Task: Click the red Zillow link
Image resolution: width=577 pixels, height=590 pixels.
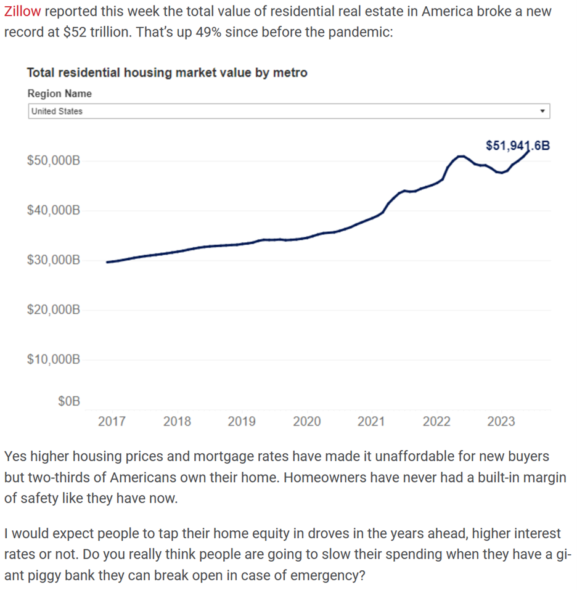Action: (23, 12)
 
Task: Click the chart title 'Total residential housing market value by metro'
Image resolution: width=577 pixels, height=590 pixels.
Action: (167, 73)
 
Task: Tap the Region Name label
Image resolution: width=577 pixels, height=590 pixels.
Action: (60, 94)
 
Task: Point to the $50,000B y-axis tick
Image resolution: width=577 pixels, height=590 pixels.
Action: (54, 161)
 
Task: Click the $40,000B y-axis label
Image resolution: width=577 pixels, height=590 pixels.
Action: (54, 210)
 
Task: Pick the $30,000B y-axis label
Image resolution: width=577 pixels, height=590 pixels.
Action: (54, 260)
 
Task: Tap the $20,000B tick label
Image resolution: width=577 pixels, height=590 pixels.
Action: (54, 309)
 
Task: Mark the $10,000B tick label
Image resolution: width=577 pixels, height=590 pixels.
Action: (54, 359)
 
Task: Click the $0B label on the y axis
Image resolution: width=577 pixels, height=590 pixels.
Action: (69, 402)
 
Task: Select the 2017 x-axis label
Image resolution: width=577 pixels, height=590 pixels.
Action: (112, 422)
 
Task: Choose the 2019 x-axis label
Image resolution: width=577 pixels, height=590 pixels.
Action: (242, 422)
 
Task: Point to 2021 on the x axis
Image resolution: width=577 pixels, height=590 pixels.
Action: (371, 422)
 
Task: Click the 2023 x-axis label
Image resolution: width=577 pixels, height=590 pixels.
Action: (501, 422)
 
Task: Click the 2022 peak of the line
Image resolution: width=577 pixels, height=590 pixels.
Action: (459, 157)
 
